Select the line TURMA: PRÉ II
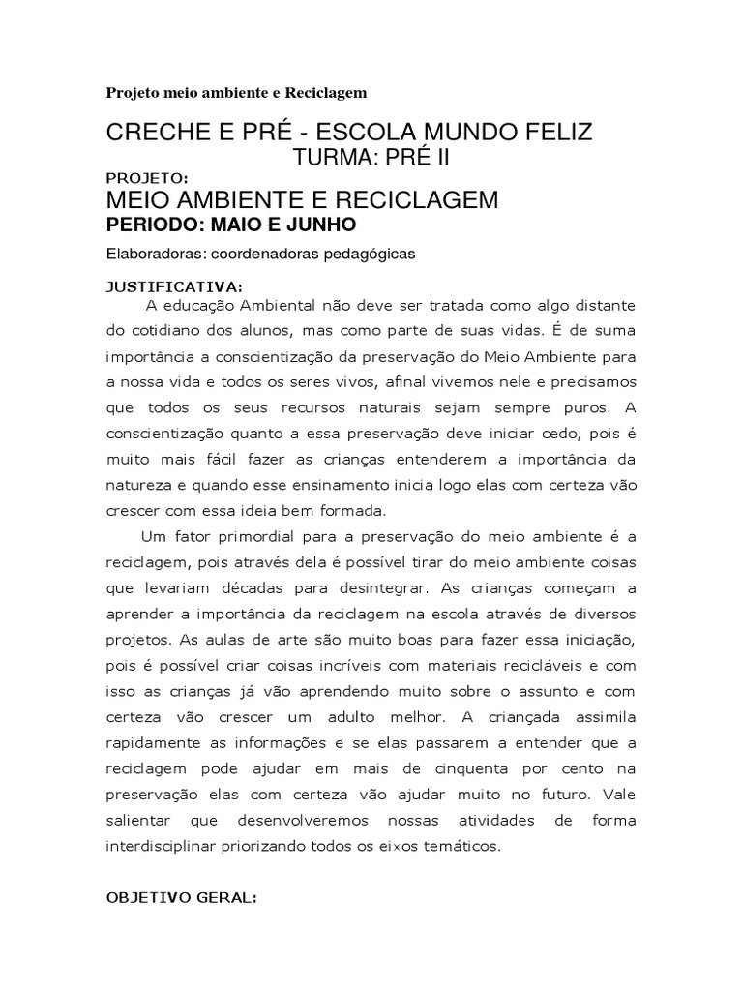[371, 158]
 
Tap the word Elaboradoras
[155, 255]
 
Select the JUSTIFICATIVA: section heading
[174, 287]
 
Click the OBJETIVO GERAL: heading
[181, 897]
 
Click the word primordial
[251, 536]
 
